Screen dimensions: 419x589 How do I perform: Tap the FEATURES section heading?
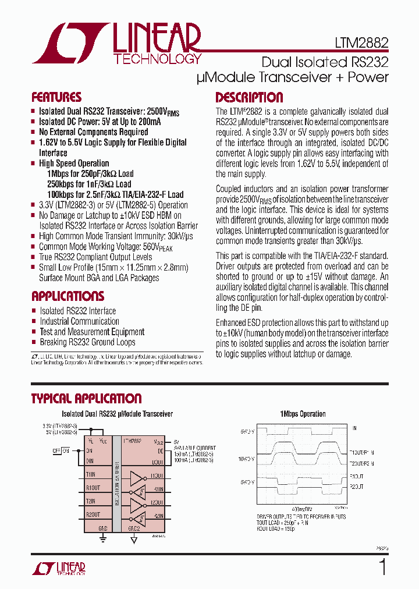coord(56,97)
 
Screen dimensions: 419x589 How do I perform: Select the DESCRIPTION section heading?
coord(249,97)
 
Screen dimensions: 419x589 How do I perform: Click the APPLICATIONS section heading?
coord(68,296)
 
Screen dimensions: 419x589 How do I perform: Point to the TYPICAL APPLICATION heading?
coord(86,399)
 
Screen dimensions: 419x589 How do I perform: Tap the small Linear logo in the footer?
coord(58,568)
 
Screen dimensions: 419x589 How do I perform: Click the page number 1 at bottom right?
coord(382,566)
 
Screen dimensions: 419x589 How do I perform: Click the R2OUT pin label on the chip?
coord(94,514)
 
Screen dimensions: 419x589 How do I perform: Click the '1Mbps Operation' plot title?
coord(303,414)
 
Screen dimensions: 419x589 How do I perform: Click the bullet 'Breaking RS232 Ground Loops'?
coord(87,342)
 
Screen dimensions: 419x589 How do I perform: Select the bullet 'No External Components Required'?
coord(93,132)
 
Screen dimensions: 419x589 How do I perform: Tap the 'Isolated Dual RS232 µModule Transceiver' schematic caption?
coord(117,414)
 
